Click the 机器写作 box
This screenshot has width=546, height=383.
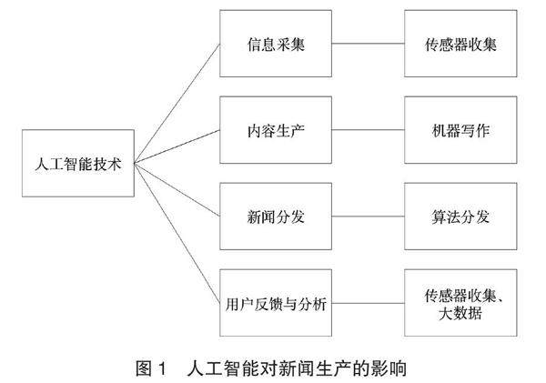460,131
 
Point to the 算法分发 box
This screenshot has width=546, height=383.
460,217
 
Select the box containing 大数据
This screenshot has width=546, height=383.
460,304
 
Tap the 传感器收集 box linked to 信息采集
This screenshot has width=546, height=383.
460,44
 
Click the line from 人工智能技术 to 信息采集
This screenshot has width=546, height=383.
177,105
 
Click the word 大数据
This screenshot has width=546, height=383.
460,314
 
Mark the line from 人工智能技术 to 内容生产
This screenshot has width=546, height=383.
177,147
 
